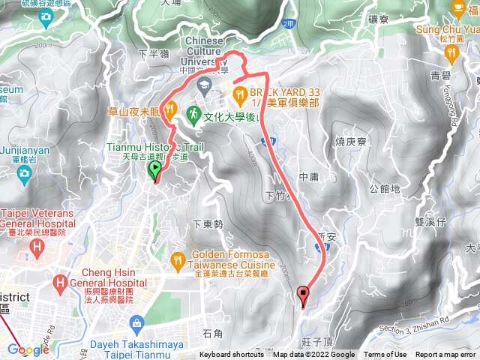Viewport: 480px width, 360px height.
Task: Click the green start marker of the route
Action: tap(155, 172)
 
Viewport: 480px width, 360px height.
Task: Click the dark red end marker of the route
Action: tap(303, 295)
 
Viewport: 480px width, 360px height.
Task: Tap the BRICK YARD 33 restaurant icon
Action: tap(240, 94)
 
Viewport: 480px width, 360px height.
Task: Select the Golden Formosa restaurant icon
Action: tap(178, 262)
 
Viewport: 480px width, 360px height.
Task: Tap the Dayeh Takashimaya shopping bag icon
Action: tap(136, 324)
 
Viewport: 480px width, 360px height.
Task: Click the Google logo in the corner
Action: tap(28, 349)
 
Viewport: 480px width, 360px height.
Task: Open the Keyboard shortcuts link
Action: tap(231, 355)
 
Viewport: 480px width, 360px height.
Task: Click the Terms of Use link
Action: tap(385, 355)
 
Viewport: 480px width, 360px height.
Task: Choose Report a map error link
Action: tap(446, 355)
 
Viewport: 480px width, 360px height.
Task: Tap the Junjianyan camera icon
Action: tap(24, 173)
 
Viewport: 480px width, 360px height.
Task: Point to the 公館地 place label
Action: tap(385, 190)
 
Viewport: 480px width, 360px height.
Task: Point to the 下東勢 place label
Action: tap(208, 223)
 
